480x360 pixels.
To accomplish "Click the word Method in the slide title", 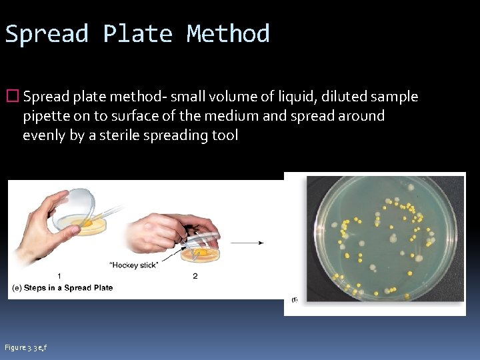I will click(x=228, y=33).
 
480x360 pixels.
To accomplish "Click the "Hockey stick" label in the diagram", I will click(x=134, y=265).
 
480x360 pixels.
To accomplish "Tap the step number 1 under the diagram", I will click(x=60, y=276).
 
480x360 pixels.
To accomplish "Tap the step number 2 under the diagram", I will click(x=195, y=276).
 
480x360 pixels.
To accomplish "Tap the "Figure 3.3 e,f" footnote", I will click(x=25, y=347).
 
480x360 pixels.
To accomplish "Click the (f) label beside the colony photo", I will click(x=294, y=300).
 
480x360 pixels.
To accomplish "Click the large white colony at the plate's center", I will click(x=394, y=238).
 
